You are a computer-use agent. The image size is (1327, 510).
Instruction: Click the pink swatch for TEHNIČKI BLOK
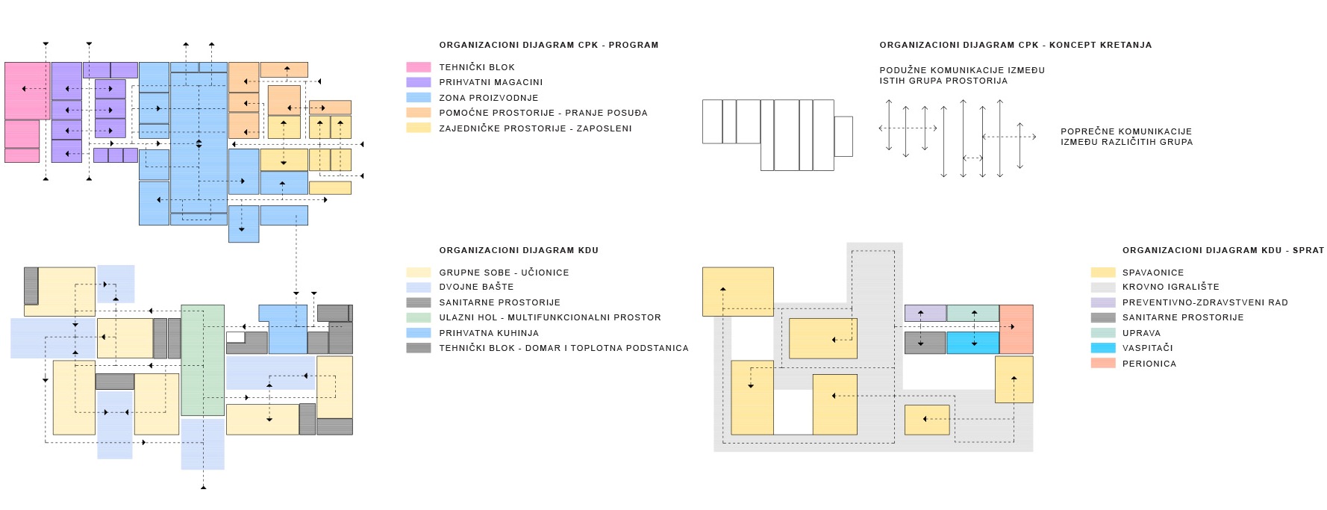coord(418,67)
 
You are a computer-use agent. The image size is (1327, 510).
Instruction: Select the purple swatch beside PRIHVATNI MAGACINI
coord(418,82)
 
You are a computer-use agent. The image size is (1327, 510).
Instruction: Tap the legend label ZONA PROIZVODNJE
coord(488,98)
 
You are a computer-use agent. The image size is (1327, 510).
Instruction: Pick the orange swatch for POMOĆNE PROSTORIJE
coord(418,113)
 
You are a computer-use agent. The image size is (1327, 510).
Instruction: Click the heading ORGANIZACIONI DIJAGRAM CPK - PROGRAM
coord(549,45)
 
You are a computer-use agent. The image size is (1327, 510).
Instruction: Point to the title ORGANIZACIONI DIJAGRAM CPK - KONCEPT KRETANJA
coord(1015,45)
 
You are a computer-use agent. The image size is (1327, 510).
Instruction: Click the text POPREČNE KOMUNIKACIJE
coord(1126,131)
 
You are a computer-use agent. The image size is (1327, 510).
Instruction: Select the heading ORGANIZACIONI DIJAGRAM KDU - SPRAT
coord(1223,250)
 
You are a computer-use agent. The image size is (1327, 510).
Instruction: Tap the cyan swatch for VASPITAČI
coord(1102,348)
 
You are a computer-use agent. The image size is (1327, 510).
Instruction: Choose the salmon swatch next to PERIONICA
coord(1102,364)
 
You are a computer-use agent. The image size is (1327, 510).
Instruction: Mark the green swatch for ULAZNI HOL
coord(418,317)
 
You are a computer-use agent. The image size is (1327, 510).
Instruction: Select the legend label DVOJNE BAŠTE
coord(476,287)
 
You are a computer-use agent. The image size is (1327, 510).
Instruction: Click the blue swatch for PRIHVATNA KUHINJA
coord(418,333)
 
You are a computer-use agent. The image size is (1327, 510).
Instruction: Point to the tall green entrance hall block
coord(202,360)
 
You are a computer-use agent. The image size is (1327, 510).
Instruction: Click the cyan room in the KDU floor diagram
coord(972,343)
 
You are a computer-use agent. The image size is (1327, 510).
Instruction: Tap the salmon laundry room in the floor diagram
coord(1016,329)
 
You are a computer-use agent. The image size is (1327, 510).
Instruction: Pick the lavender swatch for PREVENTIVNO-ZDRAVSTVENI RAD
coord(1102,302)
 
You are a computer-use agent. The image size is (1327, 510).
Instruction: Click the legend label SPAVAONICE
coord(1152,273)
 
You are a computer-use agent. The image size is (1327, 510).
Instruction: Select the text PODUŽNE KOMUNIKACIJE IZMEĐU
coord(962,70)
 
